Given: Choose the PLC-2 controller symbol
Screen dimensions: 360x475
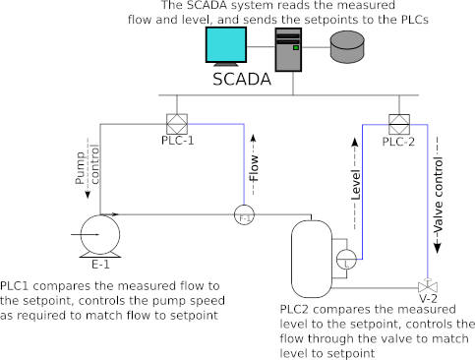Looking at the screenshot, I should tap(398, 125).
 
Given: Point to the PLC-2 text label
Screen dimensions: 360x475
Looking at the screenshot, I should tap(399, 142).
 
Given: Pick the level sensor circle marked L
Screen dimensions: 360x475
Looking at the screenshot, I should tap(347, 262).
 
